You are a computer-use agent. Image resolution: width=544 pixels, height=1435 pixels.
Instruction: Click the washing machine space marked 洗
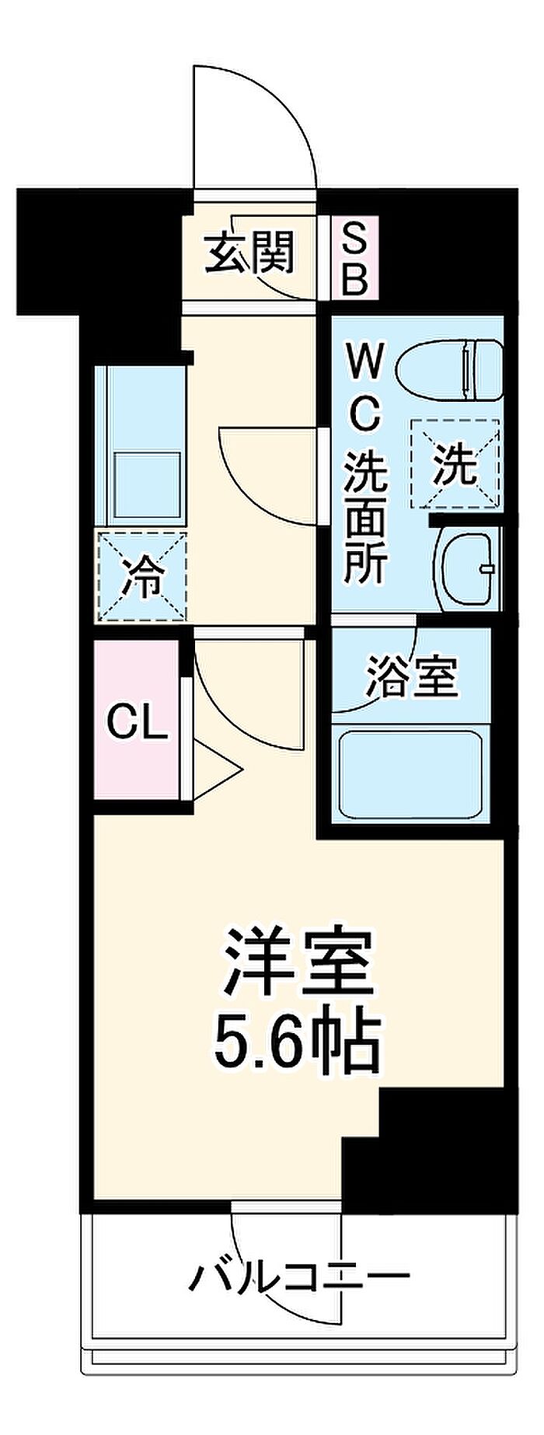[454, 465]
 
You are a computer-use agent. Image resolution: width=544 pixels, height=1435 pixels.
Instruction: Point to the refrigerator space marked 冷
[142, 577]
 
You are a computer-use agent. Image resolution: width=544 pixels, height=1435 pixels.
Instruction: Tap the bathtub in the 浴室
[410, 773]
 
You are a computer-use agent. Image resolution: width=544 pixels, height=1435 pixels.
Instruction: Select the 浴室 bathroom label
[412, 677]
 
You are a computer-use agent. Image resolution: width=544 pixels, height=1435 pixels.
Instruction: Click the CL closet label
[137, 724]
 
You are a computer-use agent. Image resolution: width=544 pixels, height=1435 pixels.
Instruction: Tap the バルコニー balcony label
[300, 1276]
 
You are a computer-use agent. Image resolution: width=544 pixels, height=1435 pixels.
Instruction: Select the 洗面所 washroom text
[365, 516]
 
